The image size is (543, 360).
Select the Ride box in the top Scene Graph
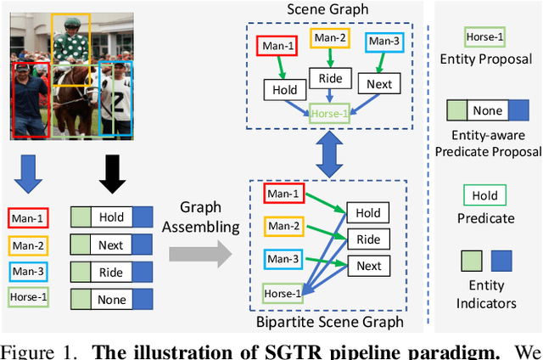tap(330, 78)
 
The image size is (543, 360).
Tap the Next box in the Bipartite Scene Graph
tap(368, 266)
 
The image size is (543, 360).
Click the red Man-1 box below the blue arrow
tap(29, 217)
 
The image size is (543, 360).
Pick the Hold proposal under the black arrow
tap(111, 217)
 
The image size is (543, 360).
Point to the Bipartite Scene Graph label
tap(330, 322)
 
